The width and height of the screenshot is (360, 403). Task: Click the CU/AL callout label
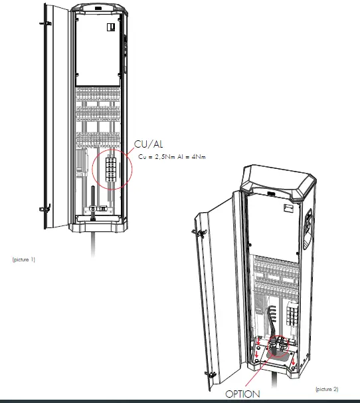(149, 144)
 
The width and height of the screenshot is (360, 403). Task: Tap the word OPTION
(242, 394)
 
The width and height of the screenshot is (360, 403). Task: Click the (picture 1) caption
(24, 259)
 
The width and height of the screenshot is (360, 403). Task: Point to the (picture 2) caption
(326, 388)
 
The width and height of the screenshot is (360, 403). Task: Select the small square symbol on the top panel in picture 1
(111, 27)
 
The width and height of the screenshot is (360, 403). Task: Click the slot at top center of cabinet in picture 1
(98, 8)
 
